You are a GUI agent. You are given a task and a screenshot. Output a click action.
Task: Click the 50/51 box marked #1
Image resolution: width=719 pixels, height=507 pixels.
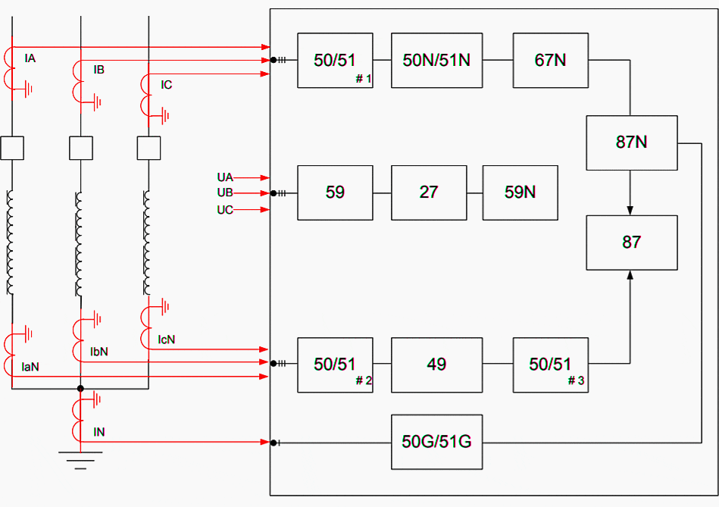[x=335, y=61]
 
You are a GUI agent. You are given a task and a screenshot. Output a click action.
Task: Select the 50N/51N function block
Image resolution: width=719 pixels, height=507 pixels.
[x=436, y=61]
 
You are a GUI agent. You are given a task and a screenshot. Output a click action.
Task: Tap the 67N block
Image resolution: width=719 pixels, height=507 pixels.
[x=550, y=61]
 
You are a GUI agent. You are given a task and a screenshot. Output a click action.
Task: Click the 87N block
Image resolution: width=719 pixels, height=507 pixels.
[x=631, y=142]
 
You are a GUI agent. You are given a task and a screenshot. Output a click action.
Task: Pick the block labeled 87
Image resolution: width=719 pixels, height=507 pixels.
[x=631, y=243]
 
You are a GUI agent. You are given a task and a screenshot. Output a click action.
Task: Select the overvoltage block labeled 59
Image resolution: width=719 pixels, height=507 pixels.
[x=335, y=192]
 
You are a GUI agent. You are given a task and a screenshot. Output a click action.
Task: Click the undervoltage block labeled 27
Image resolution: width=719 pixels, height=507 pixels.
[x=429, y=192]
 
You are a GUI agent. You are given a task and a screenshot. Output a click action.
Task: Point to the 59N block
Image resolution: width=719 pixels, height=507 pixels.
[x=520, y=192]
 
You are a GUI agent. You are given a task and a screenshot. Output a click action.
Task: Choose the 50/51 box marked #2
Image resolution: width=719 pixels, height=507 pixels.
[x=335, y=365]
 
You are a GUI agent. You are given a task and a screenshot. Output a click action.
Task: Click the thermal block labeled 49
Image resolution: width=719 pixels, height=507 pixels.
[x=436, y=365]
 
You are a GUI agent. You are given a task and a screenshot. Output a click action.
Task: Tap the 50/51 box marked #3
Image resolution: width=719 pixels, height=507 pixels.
[x=550, y=365]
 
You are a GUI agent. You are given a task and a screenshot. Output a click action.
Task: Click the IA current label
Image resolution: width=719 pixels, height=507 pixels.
[x=30, y=58]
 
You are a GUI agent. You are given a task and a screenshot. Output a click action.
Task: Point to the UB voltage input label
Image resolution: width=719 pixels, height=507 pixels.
[x=225, y=193]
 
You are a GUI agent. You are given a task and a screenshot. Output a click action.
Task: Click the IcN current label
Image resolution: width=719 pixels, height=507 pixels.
[x=167, y=340]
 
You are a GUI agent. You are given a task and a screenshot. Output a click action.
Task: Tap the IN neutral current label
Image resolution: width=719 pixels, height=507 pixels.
[x=99, y=432]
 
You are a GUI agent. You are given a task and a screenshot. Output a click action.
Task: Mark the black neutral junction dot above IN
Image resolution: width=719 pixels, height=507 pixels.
[x=80, y=389]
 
